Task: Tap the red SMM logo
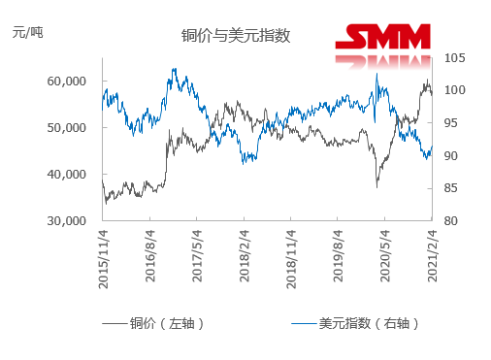pos(382,38)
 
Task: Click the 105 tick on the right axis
pos(455,58)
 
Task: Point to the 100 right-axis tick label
pos(455,91)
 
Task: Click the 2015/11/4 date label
pos(104,253)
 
